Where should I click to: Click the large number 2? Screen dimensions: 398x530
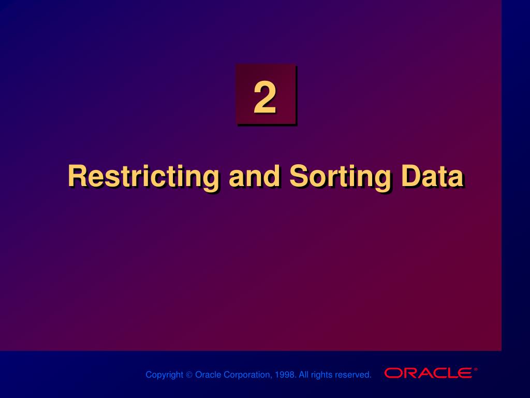[264, 98]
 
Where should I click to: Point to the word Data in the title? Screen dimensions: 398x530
[432, 177]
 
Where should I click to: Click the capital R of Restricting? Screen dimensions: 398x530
[77, 176]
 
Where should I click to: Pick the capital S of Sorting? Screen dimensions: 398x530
[299, 176]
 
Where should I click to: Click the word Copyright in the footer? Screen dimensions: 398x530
[164, 375]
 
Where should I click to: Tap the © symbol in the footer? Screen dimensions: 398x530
[189, 375]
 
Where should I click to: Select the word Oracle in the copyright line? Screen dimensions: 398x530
[208, 375]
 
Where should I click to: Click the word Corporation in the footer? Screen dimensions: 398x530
[246, 375]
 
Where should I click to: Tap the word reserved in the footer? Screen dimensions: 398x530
[353, 375]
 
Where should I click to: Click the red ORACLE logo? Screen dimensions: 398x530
[428, 373]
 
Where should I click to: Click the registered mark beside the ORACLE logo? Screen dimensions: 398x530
[476, 369]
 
